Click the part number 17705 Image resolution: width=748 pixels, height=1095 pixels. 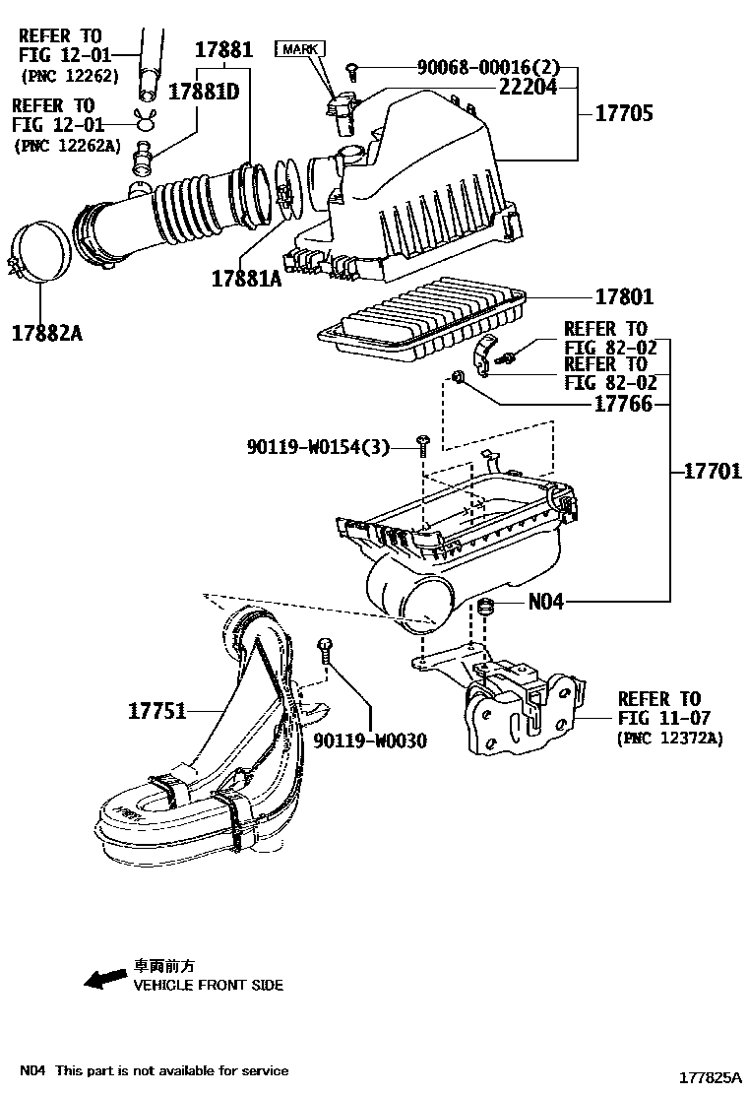[x=623, y=114]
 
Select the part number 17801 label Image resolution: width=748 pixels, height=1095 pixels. [x=623, y=296]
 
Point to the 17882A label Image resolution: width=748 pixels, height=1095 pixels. [x=47, y=333]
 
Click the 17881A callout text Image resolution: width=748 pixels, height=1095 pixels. [x=246, y=279]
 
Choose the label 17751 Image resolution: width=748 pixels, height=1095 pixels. [x=156, y=709]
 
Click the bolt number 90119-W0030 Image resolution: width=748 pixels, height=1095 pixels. [x=370, y=741]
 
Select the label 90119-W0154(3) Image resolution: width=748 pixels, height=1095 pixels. [x=318, y=448]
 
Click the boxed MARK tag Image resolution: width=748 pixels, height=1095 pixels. [x=301, y=48]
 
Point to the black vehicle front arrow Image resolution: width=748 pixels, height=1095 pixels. [x=104, y=978]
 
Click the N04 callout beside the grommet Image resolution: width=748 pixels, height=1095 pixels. [x=546, y=601]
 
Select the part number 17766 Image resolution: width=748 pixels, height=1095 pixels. [x=623, y=404]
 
